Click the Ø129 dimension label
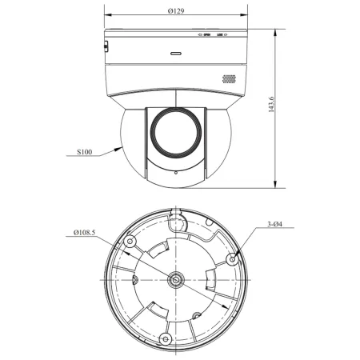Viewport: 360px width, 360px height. [x=178, y=13]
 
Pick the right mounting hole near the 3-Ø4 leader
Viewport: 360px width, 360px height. [x=232, y=258]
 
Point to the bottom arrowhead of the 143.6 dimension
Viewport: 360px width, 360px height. [x=274, y=185]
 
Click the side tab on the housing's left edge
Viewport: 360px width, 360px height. [x=106, y=46]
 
